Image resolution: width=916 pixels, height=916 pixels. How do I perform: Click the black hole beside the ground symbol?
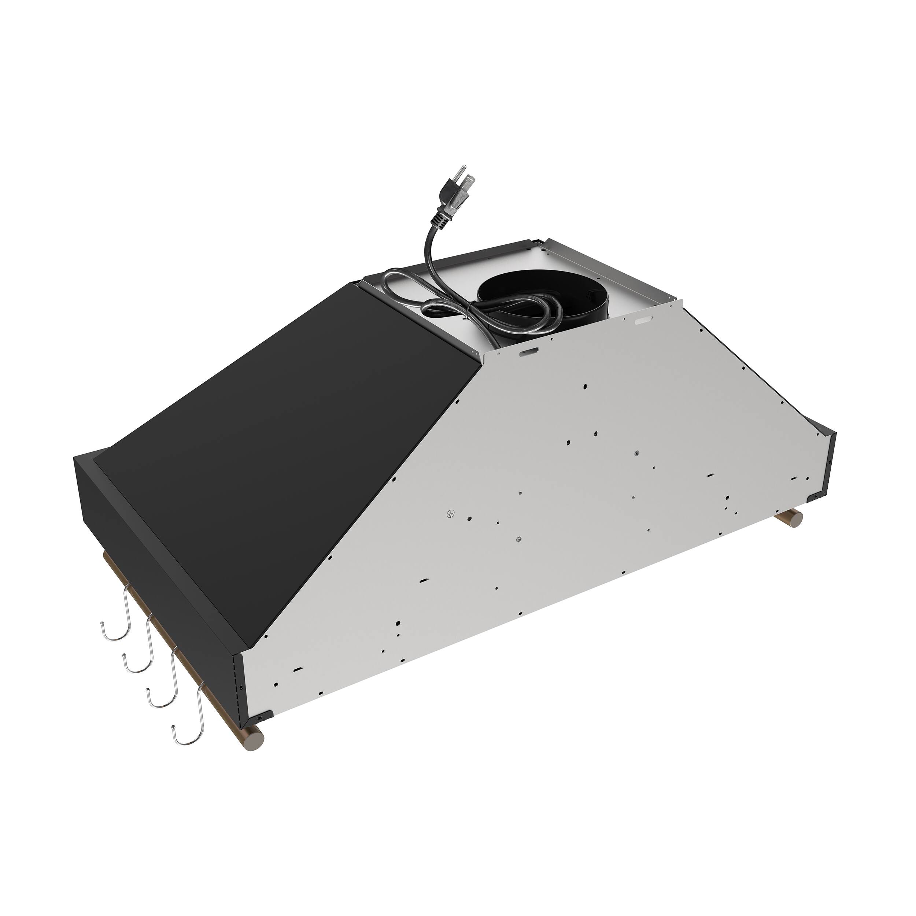coord(469,518)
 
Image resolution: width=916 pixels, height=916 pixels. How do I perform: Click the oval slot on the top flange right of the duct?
coord(642,321)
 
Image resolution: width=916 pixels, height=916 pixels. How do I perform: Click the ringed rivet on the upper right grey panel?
coord(636,454)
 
